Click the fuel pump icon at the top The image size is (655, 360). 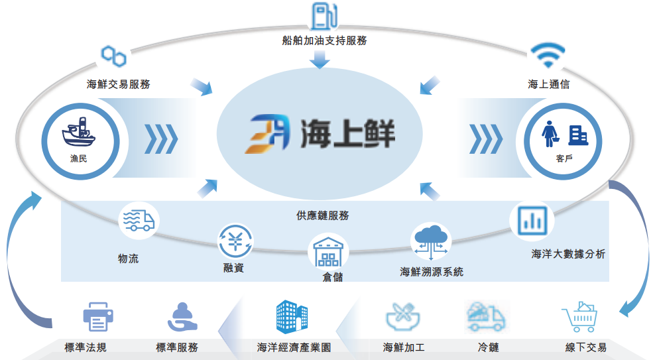[x=322, y=16]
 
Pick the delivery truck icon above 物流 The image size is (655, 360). [x=139, y=220]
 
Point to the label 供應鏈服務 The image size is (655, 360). [x=323, y=215]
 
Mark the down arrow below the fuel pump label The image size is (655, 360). [x=320, y=60]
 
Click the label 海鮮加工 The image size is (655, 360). [x=404, y=347]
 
